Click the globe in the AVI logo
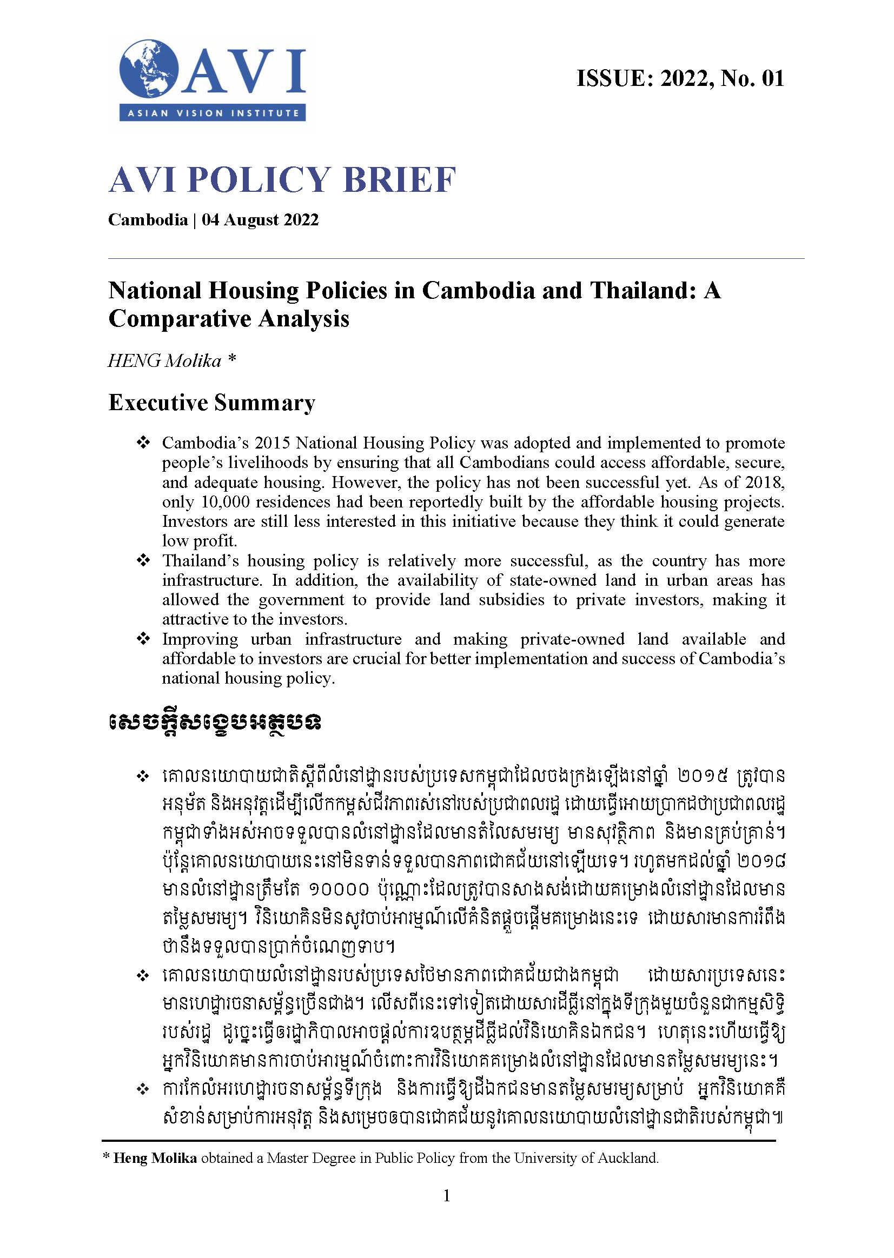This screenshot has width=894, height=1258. pos(148,69)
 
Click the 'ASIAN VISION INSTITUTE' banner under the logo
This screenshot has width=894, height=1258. pos(213,113)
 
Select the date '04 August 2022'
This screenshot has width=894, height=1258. pos(260,220)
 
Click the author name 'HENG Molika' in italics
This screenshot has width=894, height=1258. pos(164,361)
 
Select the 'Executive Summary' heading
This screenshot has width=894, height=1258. pos(212,403)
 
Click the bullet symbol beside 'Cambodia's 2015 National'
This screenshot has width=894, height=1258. pos(143,442)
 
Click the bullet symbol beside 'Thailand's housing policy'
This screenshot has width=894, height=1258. pos(143,560)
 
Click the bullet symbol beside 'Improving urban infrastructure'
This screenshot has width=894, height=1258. pos(143,639)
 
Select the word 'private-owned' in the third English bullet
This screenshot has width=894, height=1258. pos(572,639)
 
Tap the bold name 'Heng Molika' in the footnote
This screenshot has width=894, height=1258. pos(155,1159)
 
